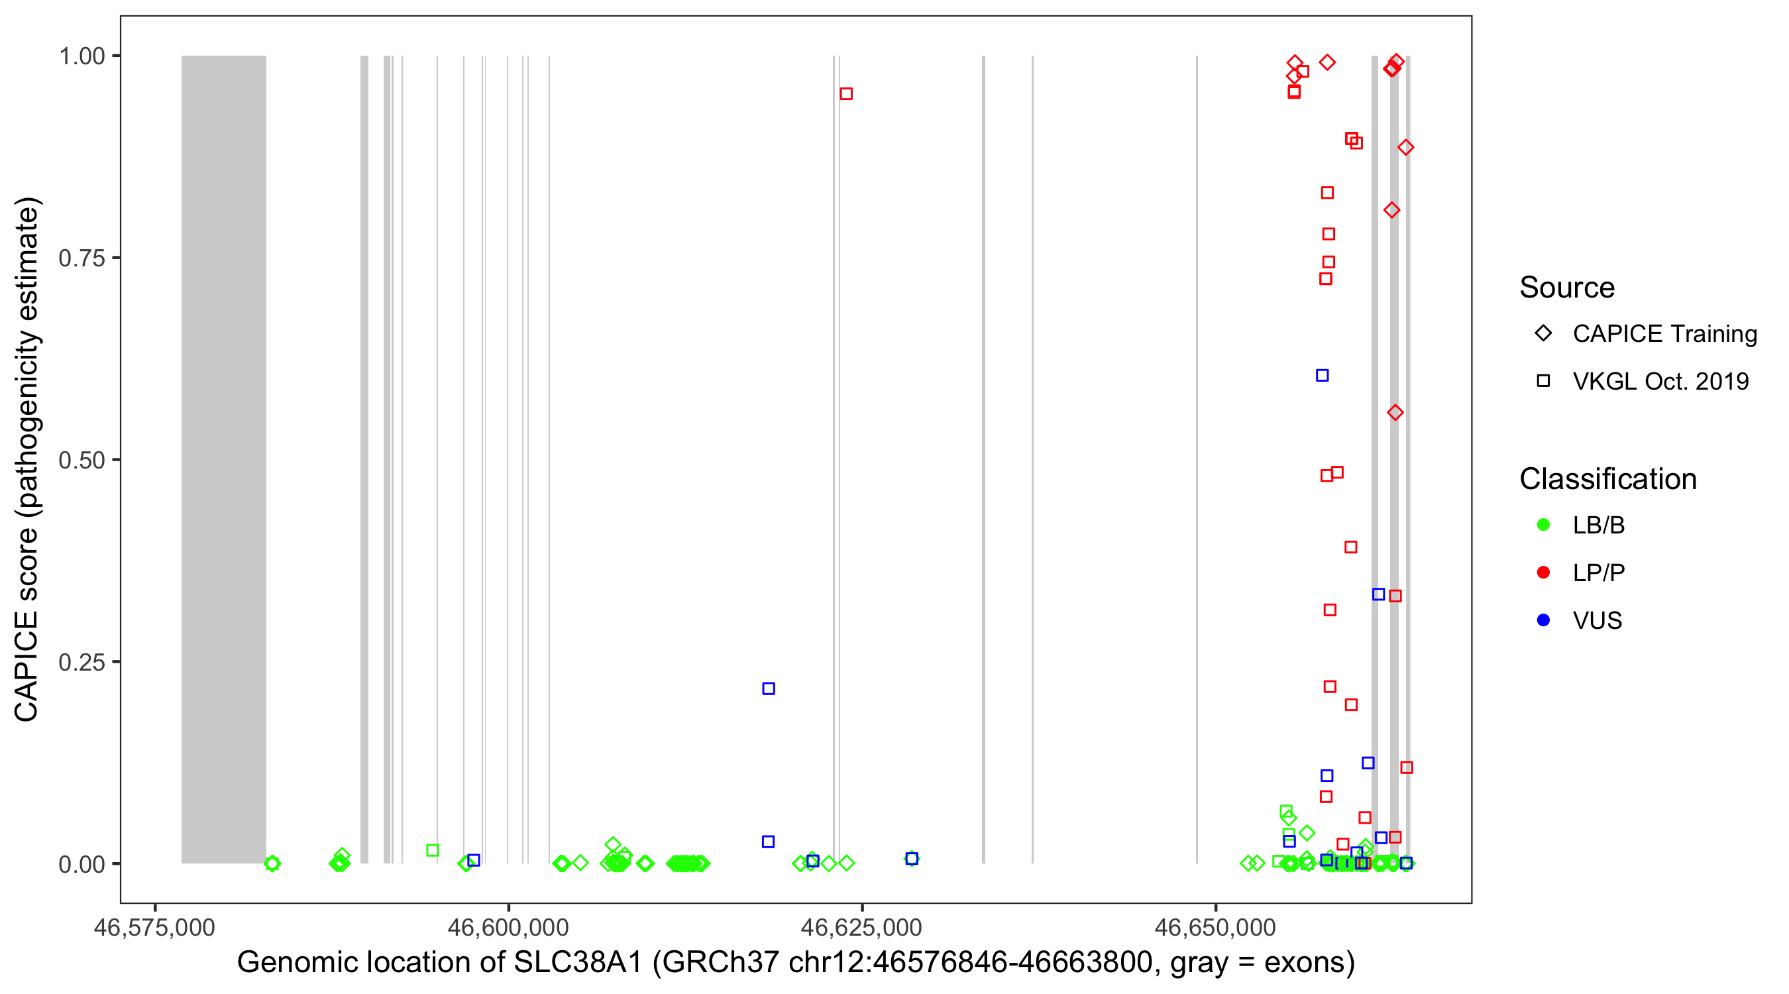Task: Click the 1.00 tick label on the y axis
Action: click(x=81, y=56)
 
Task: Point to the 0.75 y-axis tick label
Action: click(x=81, y=258)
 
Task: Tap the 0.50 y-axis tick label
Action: click(x=81, y=460)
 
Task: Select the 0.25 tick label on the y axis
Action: click(x=81, y=662)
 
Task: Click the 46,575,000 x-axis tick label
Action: click(x=154, y=927)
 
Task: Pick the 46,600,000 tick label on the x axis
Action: click(x=508, y=927)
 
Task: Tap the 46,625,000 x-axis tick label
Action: click(x=861, y=927)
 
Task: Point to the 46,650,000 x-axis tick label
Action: click(x=1215, y=927)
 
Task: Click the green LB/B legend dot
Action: click(x=1543, y=525)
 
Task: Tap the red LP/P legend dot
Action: click(x=1543, y=573)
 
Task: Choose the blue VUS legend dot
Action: click(x=1543, y=620)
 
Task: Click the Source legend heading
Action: click(x=1567, y=288)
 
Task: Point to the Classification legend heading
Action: click(x=1607, y=478)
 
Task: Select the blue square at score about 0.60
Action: click(x=1323, y=376)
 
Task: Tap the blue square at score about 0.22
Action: click(x=769, y=689)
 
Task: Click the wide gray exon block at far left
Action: click(x=224, y=459)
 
